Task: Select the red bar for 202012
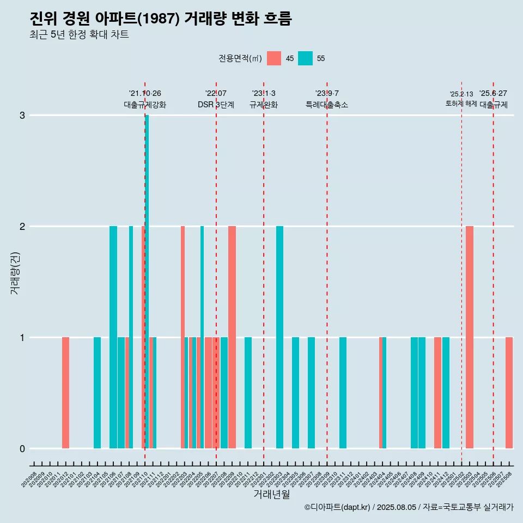click(x=65, y=392)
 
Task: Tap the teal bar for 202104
click(x=97, y=392)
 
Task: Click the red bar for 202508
click(x=509, y=392)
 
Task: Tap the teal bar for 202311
click(x=343, y=392)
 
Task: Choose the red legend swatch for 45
click(x=274, y=58)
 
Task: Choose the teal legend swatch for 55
click(x=306, y=58)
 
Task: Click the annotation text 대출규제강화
click(x=145, y=105)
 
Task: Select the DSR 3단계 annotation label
click(x=216, y=105)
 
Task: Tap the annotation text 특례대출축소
click(x=327, y=105)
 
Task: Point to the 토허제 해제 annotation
click(x=461, y=104)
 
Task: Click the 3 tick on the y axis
click(x=22, y=115)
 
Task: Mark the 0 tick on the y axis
click(x=22, y=448)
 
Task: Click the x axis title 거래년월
click(x=271, y=494)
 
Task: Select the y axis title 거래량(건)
click(x=15, y=272)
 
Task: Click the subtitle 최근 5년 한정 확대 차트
click(x=79, y=35)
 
